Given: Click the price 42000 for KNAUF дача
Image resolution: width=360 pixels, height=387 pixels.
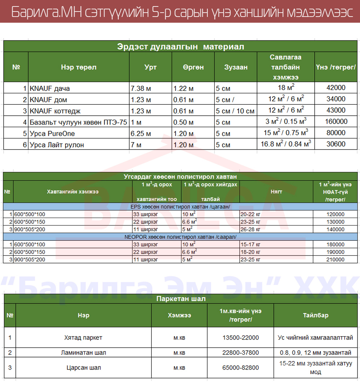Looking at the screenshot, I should (x=336, y=88).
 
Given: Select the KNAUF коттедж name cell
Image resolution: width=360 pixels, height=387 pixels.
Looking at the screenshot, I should (x=53, y=111).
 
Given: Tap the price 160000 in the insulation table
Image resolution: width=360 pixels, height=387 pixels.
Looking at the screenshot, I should (x=336, y=122).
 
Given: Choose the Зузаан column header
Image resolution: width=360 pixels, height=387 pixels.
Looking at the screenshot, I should (x=236, y=67).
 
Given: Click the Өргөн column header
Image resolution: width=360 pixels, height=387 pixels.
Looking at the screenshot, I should (x=193, y=67).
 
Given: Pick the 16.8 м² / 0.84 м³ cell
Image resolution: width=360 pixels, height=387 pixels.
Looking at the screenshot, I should (x=286, y=144).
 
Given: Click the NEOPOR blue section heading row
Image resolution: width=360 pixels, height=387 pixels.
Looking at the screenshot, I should (x=181, y=237).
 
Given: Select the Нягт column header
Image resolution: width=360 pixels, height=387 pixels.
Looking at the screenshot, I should (x=276, y=192).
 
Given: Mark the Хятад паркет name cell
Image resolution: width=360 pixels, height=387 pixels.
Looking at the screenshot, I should (x=83, y=338).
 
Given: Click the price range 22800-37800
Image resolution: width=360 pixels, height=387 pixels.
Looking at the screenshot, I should (x=240, y=353).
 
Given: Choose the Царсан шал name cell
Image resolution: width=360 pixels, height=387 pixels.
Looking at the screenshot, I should (x=84, y=368).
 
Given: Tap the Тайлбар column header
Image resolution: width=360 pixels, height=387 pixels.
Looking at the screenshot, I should (x=315, y=315).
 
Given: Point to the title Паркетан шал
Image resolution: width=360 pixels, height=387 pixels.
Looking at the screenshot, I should (x=181, y=299).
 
